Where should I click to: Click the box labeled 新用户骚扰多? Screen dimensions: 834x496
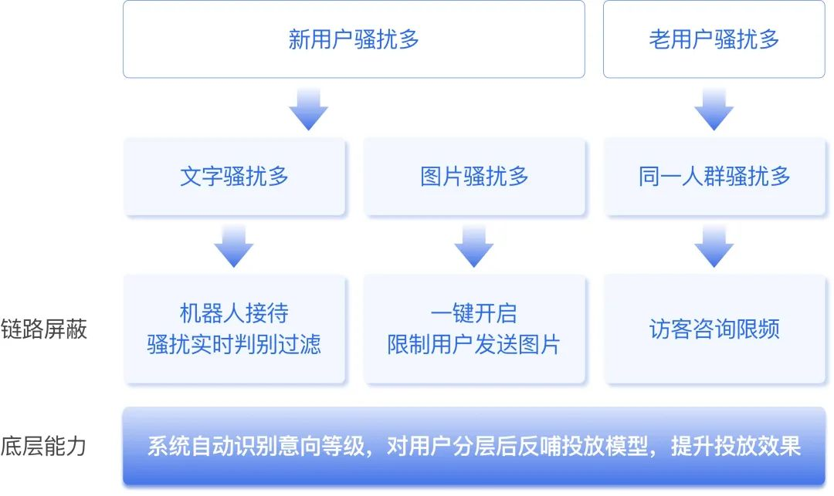click(x=354, y=39)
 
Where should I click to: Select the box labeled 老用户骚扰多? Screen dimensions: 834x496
click(x=714, y=39)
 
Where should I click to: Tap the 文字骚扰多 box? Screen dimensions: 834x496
click(x=234, y=177)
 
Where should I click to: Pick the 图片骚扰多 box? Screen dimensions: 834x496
click(x=474, y=177)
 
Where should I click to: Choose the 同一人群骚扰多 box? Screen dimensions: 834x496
click(x=714, y=177)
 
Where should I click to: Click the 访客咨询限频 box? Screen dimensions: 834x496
click(x=714, y=329)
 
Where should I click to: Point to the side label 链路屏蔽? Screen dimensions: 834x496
click(x=43, y=329)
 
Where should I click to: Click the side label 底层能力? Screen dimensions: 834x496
click(x=43, y=446)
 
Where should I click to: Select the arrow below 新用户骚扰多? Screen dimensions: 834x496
click(x=308, y=110)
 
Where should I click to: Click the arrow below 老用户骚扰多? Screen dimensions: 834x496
click(x=714, y=110)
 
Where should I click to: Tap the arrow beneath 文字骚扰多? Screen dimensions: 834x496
click(x=233, y=246)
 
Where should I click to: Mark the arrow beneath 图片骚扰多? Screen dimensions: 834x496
click(x=474, y=246)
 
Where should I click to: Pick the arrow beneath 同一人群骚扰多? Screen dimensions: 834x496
click(x=714, y=246)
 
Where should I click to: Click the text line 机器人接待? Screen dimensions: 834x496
click(x=234, y=313)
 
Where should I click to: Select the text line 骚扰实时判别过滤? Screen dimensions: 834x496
click(x=234, y=344)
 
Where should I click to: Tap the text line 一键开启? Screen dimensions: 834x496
click(x=474, y=313)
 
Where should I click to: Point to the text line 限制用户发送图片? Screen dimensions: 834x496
click(x=474, y=344)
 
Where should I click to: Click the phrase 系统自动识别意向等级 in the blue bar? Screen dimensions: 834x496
click(x=256, y=446)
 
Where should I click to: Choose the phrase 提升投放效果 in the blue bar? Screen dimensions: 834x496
click(x=736, y=446)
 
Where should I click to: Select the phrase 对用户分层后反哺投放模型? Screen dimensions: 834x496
click(x=517, y=446)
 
